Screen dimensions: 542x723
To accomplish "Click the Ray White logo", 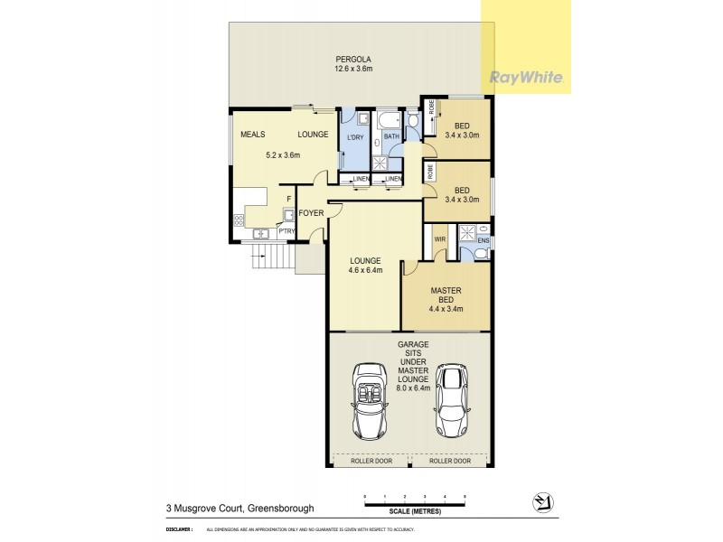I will point(528,77).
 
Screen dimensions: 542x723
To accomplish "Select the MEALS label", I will point(252,135).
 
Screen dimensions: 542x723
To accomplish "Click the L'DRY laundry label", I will point(355,135).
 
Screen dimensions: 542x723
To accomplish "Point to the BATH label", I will point(390,135).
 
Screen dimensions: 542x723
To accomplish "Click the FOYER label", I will point(312,213).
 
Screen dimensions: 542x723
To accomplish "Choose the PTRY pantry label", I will point(286,231).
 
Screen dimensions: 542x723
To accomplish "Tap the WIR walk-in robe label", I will point(440,239).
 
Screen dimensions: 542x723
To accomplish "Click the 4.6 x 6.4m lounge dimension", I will point(365,270).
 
